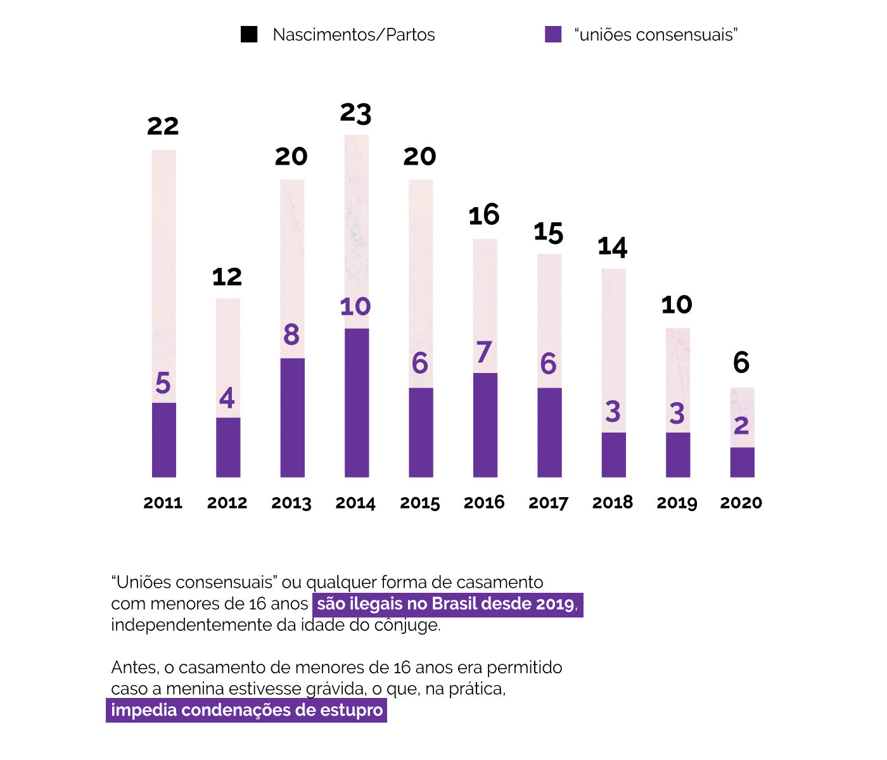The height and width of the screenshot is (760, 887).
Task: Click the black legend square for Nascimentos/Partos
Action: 249,34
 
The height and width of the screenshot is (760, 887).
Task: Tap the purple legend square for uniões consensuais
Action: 553,34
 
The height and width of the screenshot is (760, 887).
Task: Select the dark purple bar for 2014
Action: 357,403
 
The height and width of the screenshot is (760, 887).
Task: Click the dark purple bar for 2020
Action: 742,462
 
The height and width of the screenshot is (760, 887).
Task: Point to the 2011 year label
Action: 163,503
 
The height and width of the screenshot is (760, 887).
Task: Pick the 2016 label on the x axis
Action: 484,503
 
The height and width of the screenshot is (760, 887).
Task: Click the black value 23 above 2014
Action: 355,113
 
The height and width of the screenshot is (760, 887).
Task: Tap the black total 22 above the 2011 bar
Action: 163,126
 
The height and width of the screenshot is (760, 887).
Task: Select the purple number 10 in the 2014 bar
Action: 355,307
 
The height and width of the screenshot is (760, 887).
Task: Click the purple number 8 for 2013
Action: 291,335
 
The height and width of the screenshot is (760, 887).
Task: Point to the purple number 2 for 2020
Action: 741,426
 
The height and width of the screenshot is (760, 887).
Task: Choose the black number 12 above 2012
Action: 227,277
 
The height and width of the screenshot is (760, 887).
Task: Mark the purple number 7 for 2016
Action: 484,352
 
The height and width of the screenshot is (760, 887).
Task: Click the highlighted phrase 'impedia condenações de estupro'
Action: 246,710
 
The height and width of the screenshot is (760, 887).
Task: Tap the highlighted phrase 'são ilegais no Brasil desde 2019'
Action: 447,604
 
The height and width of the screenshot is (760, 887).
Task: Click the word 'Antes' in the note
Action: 134,668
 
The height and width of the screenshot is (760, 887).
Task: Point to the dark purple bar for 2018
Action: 613,455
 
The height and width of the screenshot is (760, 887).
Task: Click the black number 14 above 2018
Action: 613,247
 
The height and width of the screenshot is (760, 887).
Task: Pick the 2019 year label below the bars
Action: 677,503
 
